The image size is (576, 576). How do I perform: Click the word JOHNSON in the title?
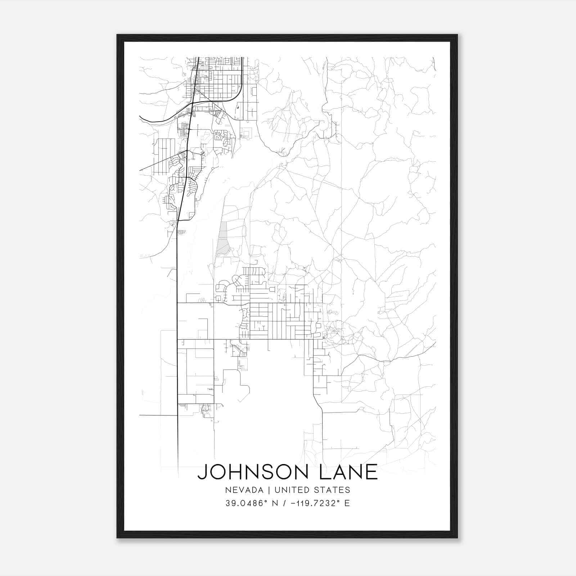[255, 472]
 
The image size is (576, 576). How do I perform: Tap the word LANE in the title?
[348, 472]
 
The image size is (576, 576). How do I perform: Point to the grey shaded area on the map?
[223, 239]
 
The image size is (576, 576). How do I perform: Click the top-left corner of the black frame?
[117, 35]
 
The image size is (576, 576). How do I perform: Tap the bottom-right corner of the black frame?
[457, 537]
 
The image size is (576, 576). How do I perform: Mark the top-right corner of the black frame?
[457, 35]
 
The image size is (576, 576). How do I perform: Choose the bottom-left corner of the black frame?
[117, 537]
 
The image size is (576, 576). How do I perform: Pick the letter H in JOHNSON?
[235, 472]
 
